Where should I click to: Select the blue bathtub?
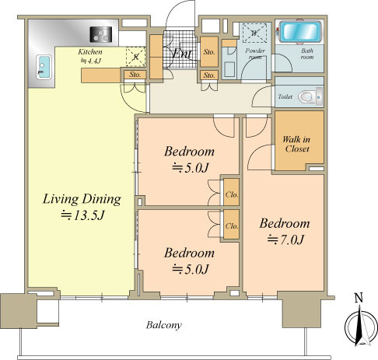(x=298, y=33)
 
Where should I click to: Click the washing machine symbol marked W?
(x=254, y=33)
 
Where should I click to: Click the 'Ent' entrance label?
(x=183, y=54)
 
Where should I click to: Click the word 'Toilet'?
(x=285, y=97)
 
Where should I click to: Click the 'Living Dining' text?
(x=82, y=199)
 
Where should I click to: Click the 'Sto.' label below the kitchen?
(x=134, y=75)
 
